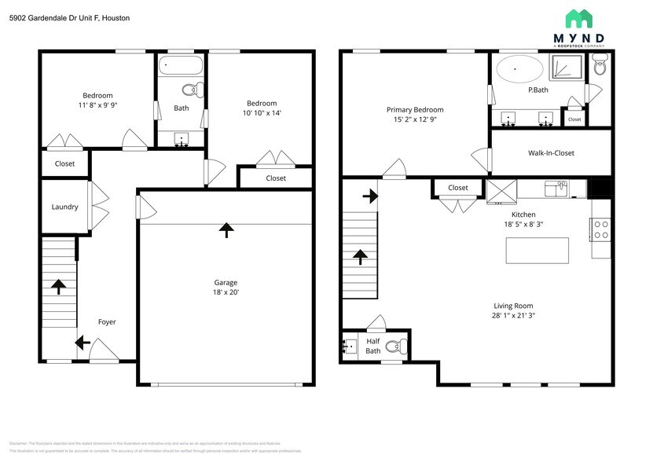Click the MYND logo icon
[x=580, y=18]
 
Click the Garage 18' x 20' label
[x=226, y=287]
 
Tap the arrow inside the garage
[x=226, y=229]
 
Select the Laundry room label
[x=64, y=207]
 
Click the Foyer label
[x=107, y=322]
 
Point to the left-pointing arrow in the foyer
[x=82, y=343]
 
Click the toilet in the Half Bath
[x=396, y=346]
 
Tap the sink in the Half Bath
[x=350, y=346]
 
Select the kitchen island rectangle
[x=537, y=250]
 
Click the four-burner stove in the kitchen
[x=601, y=229]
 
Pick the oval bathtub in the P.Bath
[x=519, y=69]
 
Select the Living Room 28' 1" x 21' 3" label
[x=514, y=310]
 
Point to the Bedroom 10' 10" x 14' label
[x=262, y=108]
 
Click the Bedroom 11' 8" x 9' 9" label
[x=97, y=100]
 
